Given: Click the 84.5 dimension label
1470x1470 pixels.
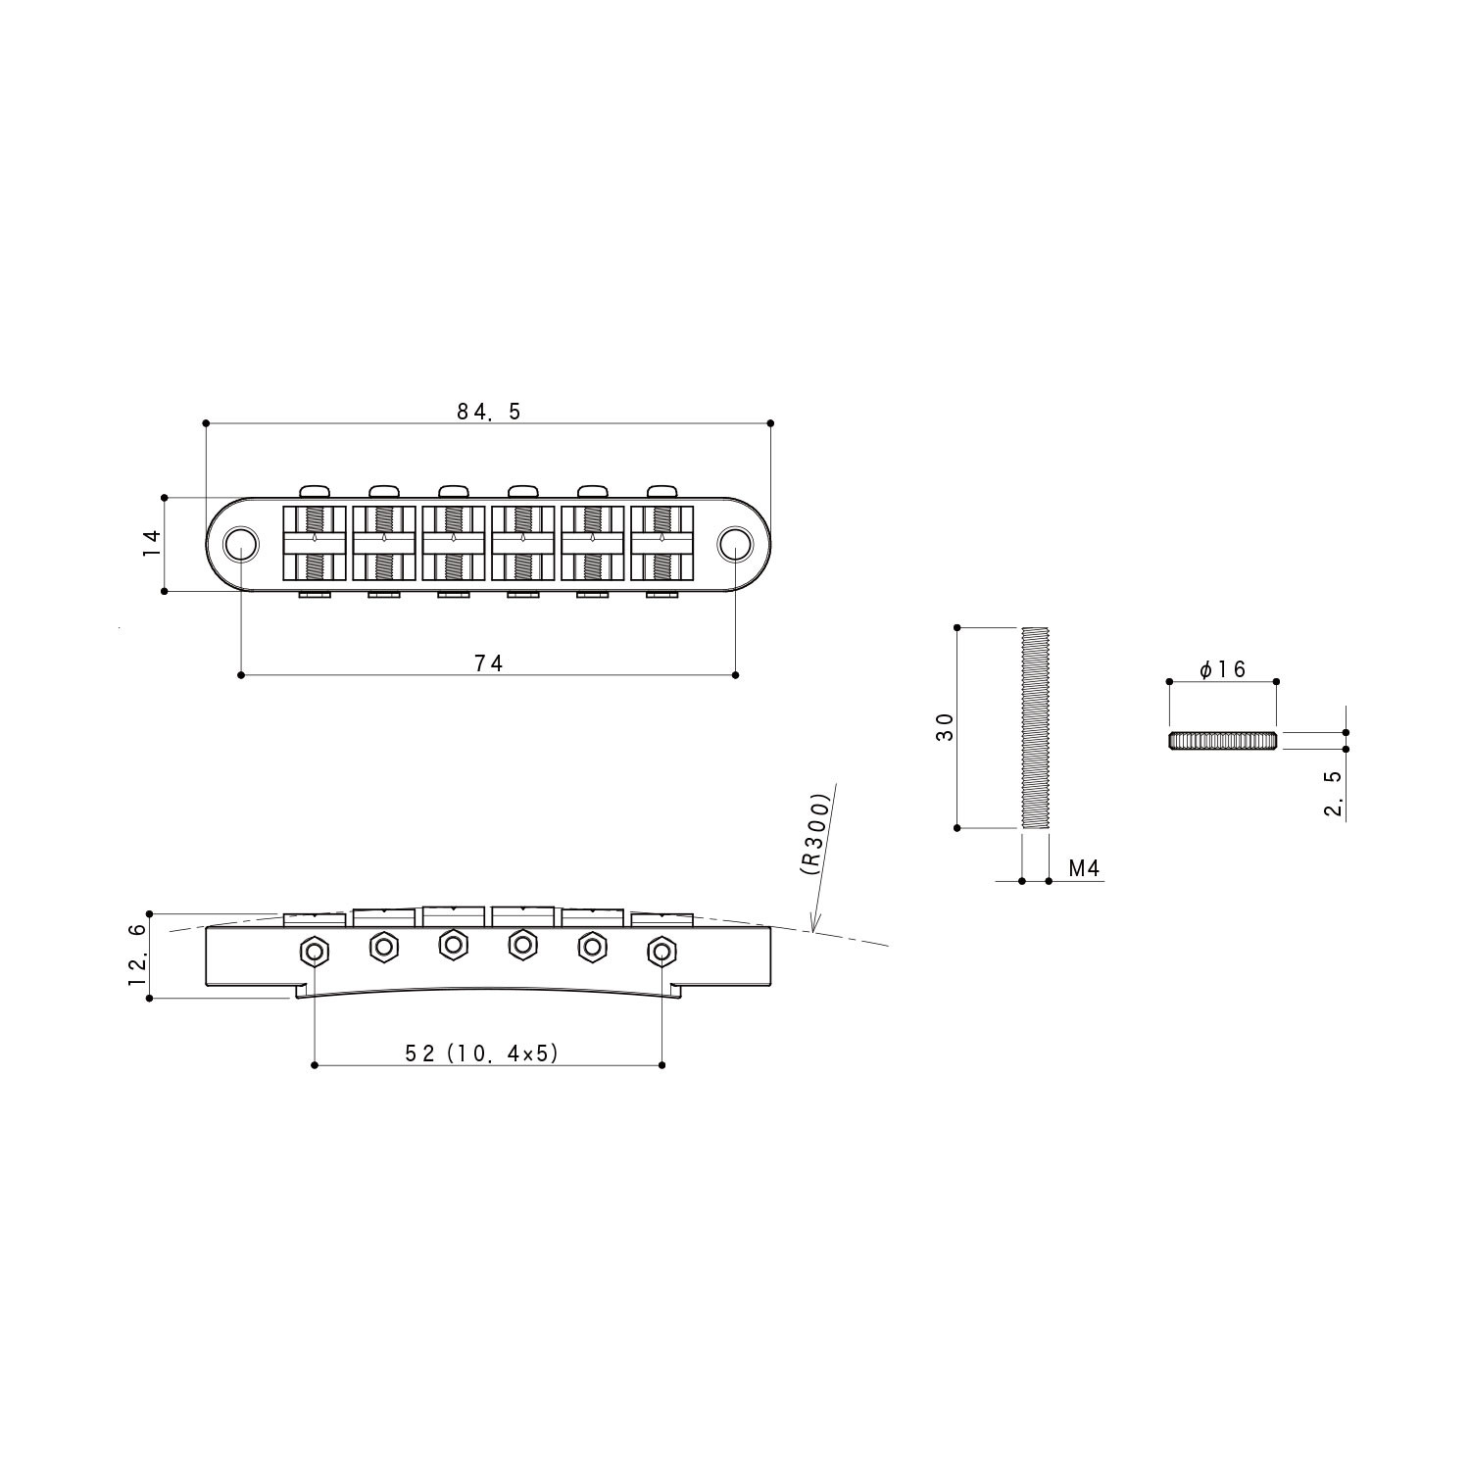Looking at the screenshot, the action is coord(489,412).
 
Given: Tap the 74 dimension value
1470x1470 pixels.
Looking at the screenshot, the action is coord(488,663).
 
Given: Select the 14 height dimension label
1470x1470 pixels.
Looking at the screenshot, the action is coord(151,544).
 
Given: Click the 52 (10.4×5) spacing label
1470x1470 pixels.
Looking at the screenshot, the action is coord(481,1053).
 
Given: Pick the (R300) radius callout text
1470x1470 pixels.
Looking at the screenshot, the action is coord(815,833).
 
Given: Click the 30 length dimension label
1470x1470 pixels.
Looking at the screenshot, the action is coord(945,727).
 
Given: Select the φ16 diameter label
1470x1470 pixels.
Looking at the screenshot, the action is coord(1222,669).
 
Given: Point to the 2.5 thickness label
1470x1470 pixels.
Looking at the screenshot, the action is coord(1333,793).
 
